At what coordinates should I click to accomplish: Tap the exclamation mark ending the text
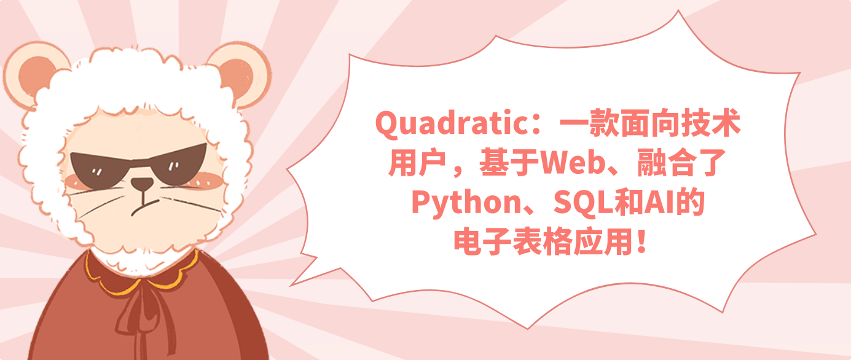(641, 243)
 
